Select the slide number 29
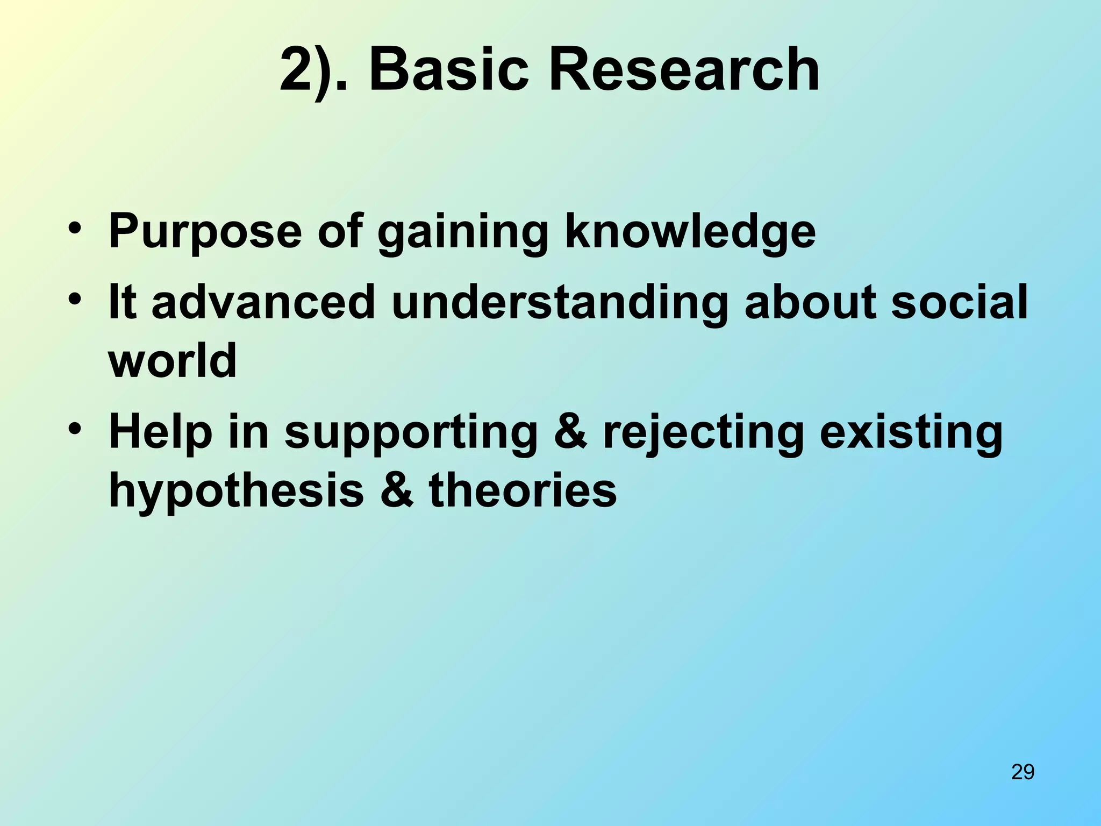click(1023, 772)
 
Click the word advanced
click(263, 302)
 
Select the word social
click(959, 302)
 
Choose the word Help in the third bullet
click(161, 433)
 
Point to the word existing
click(911, 433)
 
